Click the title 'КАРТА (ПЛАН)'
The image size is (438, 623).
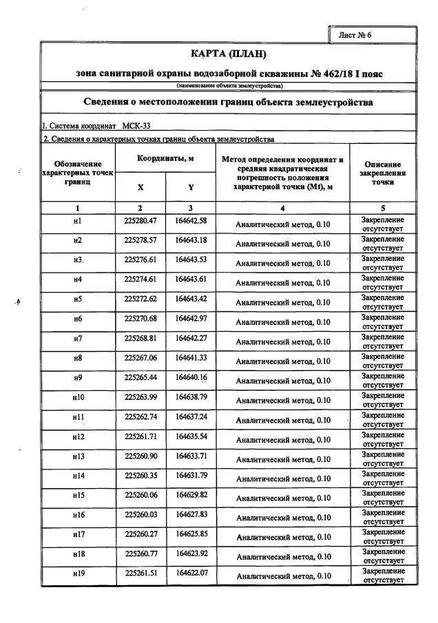click(x=228, y=54)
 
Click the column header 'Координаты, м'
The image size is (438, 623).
click(x=165, y=158)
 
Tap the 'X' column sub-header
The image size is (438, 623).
click(x=140, y=187)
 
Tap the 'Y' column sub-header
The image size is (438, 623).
click(x=191, y=187)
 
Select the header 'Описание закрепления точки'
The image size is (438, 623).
click(x=382, y=173)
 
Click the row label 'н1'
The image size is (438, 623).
click(x=77, y=221)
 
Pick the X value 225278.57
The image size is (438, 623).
click(x=140, y=240)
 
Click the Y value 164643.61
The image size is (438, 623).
click(x=191, y=279)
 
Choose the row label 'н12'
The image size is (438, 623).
click(x=77, y=436)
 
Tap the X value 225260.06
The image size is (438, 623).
click(x=140, y=495)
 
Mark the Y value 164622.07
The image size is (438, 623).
click(x=191, y=573)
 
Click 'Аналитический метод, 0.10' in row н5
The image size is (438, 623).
click(x=282, y=302)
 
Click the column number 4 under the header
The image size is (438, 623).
click(x=282, y=208)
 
